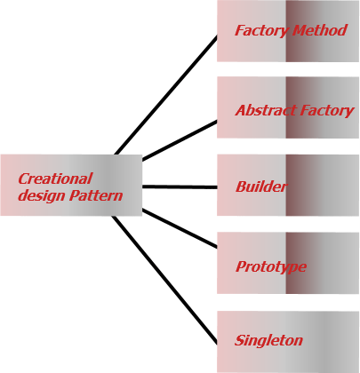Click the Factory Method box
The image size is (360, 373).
288,31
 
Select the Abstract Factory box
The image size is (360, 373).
288,107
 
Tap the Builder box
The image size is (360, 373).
288,186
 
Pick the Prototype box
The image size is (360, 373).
288,263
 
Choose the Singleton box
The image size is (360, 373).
288,341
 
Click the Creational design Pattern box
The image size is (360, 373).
71,185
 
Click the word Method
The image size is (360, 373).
320,31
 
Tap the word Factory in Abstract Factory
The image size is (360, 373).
324,111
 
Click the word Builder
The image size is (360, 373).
261,186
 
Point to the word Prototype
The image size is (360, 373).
271,266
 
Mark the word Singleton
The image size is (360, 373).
268,340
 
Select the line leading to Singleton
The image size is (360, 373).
165,280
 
